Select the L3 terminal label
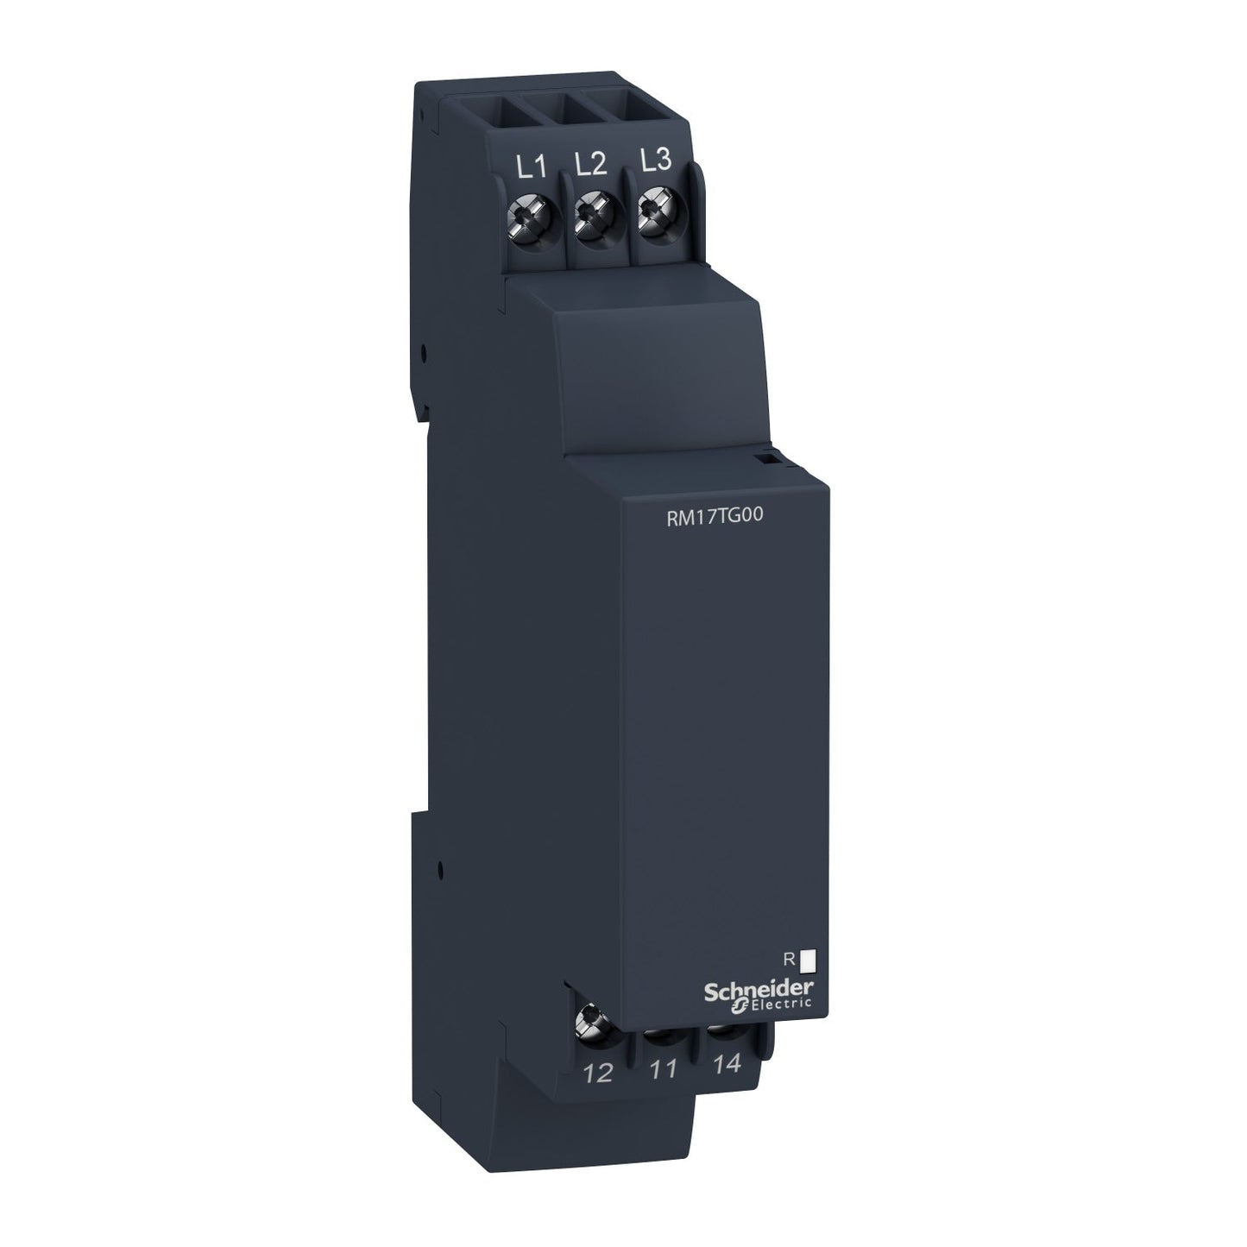pos(656,164)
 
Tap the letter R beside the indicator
pos(787,957)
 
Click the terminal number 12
pos(598,1074)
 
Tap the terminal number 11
pos(663,1070)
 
